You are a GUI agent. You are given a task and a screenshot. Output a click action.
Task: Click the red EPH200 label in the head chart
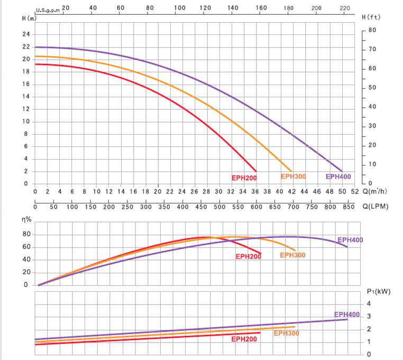pos(244,178)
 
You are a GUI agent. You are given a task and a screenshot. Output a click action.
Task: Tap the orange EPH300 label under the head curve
pos(293,177)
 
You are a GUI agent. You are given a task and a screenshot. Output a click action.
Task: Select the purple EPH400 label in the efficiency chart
pos(350,240)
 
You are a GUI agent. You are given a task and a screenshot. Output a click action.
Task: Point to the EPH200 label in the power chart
pos(244,339)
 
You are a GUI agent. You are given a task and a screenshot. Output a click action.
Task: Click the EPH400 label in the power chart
pos(347,315)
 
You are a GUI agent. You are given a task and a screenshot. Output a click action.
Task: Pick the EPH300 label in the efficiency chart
pos(292,255)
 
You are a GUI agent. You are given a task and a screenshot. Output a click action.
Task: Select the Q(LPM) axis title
pos(376,207)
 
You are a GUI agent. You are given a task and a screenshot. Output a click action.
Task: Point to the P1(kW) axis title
pos(375,291)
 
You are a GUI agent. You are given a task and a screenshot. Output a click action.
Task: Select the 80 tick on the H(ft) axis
pos(372,30)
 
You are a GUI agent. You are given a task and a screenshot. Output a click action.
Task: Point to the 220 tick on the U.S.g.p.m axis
pos(345,8)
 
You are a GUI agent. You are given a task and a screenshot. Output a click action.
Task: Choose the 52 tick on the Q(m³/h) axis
pos(354,191)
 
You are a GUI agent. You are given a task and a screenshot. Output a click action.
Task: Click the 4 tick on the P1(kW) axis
pos(369,303)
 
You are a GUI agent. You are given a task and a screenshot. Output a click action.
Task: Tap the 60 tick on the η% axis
pos(25,247)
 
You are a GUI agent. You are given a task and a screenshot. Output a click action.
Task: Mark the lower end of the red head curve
pos(256,171)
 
